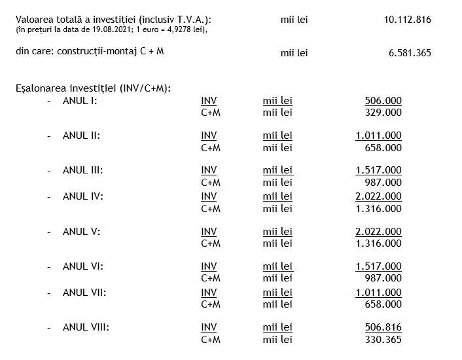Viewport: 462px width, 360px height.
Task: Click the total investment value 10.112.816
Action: [x=407, y=20]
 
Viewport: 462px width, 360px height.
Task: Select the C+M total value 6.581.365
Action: [x=410, y=53]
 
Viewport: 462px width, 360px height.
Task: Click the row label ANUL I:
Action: [x=79, y=101]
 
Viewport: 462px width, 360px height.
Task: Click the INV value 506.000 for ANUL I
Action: [x=383, y=101]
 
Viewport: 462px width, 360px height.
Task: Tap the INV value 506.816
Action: [x=383, y=327]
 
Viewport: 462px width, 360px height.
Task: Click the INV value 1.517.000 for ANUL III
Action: [x=378, y=170]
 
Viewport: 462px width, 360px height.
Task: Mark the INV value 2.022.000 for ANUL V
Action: [x=378, y=232]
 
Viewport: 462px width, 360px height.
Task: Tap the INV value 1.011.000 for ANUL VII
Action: [x=378, y=293]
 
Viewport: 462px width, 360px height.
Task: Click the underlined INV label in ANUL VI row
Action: [x=209, y=266]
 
